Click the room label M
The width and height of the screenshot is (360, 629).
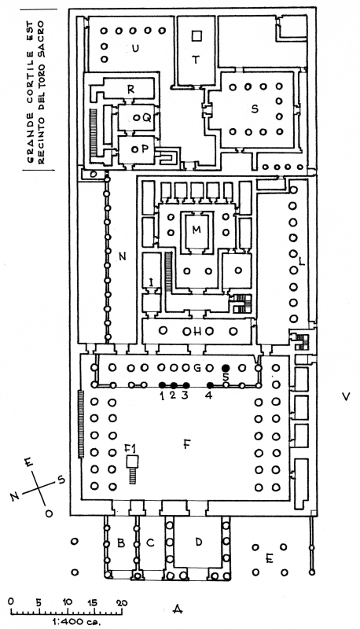point(196,230)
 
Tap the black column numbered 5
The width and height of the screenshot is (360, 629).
point(226,367)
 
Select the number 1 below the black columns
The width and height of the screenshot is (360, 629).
point(162,395)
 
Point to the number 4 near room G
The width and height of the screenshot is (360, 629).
point(208,395)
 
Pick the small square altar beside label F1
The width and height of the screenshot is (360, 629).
point(132,462)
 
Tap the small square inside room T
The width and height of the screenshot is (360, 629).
point(196,36)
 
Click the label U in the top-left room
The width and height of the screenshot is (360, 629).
point(135,49)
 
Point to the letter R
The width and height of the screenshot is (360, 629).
point(130,90)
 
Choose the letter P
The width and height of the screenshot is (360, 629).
point(145,149)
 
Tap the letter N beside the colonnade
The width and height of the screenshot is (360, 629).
point(123,256)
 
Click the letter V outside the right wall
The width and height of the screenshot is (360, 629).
point(346,397)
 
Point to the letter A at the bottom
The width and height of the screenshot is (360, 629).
point(178,610)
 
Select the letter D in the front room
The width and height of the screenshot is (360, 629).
point(198,543)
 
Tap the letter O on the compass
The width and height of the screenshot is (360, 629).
point(49,514)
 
